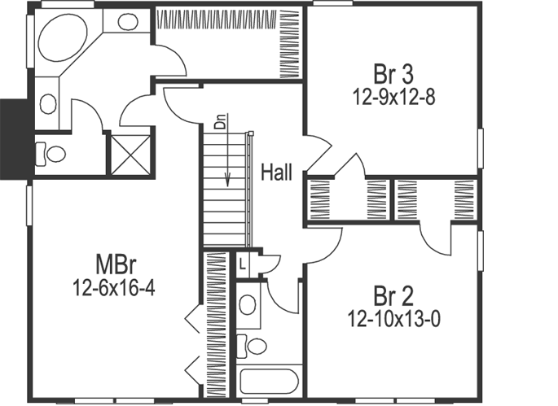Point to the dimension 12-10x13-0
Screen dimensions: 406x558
[394, 318]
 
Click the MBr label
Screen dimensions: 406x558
[115, 264]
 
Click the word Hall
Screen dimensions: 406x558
[276, 172]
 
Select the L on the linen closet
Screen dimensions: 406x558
[243, 262]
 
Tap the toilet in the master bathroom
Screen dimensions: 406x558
[52, 153]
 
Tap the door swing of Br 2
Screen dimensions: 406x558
[436, 238]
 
